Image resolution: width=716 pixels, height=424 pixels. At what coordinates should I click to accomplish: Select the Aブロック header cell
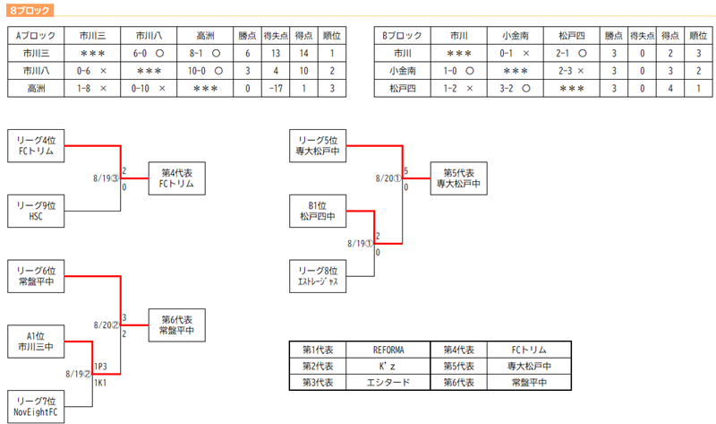[x=37, y=37]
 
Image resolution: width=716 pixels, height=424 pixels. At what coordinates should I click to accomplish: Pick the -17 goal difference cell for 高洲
[x=280, y=89]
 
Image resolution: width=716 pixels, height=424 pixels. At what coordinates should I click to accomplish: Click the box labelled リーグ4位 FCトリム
[x=36, y=145]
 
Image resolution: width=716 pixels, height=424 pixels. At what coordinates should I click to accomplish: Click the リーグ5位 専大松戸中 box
[x=318, y=145]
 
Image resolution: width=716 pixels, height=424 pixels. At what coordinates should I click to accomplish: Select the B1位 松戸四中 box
[x=318, y=211]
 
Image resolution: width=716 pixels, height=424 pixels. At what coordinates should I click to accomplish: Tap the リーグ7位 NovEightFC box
[x=36, y=407]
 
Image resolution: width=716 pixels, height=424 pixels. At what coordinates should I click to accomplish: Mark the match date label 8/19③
[x=106, y=178]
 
